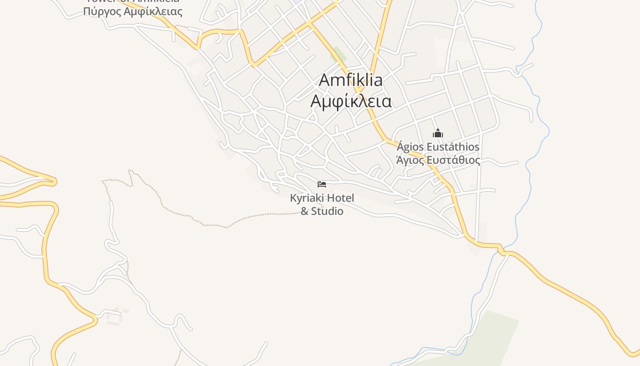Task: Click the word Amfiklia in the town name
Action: coord(351,80)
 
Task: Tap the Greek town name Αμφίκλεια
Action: coord(351,101)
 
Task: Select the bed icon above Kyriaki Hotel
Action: coord(322,184)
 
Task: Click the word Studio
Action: coord(327,211)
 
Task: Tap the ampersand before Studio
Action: coord(304,211)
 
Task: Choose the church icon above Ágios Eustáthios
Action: coord(438,134)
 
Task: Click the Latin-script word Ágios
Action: coord(410,147)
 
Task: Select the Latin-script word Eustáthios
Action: coord(452,147)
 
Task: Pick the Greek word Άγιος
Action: coord(409,160)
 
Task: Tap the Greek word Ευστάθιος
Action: coord(452,160)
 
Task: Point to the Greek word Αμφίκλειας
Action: coord(154,11)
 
